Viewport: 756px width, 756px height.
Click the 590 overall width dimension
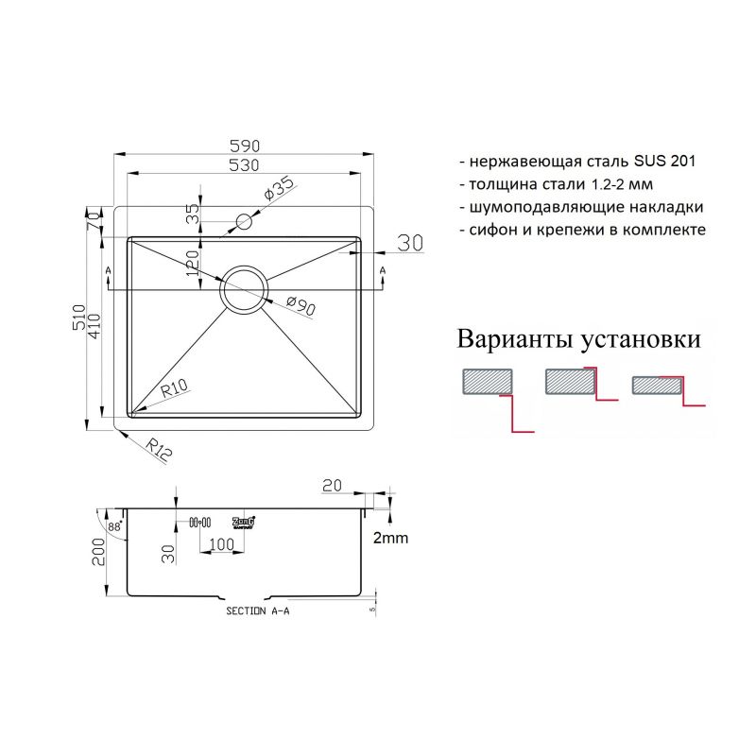[245, 146]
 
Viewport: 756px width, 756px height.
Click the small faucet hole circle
[244, 222]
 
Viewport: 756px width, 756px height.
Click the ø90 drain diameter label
[300, 305]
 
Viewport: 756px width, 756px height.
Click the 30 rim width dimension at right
[410, 243]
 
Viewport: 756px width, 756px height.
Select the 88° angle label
[114, 526]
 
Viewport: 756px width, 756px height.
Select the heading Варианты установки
[579, 338]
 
